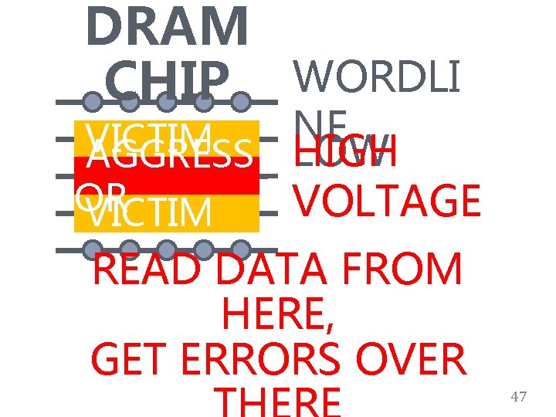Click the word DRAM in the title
click(168, 27)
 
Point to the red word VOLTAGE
click(387, 200)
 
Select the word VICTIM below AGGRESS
click(150, 214)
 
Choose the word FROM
click(410, 271)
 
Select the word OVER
click(419, 359)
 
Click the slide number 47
click(519, 397)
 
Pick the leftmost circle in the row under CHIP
click(92, 101)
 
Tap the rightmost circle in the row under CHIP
click(242, 101)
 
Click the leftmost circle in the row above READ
click(92, 249)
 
